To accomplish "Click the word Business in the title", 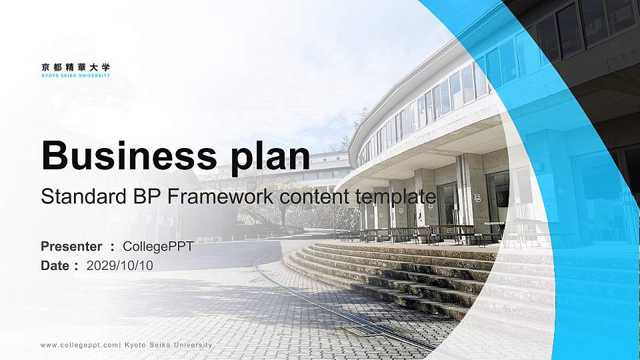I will [x=124, y=156].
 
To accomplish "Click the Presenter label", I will [x=71, y=247].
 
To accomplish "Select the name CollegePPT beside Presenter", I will [x=158, y=247].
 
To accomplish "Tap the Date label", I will [x=55, y=265].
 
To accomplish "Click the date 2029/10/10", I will [x=120, y=265].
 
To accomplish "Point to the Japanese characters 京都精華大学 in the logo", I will [x=75, y=67].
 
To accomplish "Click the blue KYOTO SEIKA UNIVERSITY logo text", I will [x=75, y=75].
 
